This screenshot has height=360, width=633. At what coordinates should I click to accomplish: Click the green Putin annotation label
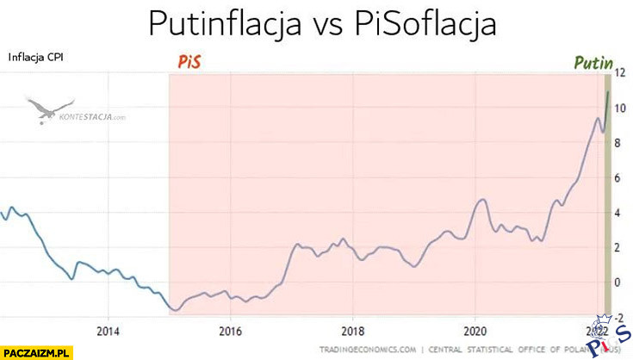(x=593, y=62)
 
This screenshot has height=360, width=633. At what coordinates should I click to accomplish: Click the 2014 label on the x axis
(x=108, y=331)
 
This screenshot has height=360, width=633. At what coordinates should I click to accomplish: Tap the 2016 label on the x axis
(x=229, y=331)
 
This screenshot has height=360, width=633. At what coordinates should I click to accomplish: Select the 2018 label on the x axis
(x=351, y=331)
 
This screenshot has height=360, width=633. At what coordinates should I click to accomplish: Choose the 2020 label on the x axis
(x=475, y=331)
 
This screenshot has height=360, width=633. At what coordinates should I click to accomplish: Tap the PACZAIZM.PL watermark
(x=37, y=351)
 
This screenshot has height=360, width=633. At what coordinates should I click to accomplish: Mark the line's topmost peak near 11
(x=608, y=92)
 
